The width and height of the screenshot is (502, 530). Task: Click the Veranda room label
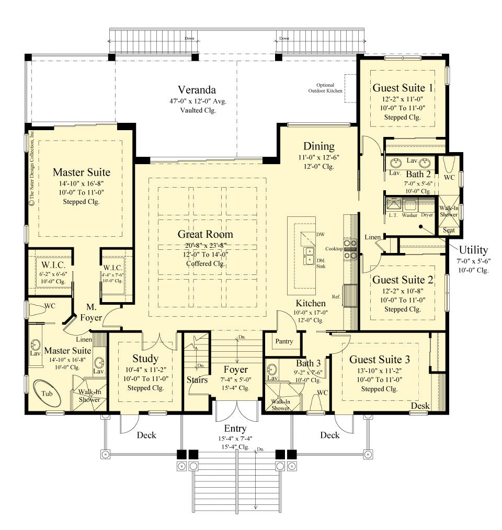pyautogui.click(x=197, y=89)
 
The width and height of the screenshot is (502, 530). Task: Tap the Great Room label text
pyautogui.click(x=205, y=234)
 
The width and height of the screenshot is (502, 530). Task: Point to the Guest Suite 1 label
pyautogui.click(x=403, y=88)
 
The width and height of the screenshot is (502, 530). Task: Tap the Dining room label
pyautogui.click(x=318, y=146)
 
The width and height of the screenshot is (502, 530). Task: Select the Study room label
pyautogui.click(x=145, y=359)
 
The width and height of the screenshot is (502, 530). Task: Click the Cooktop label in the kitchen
pyautogui.click(x=333, y=249)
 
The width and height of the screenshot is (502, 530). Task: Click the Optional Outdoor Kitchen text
pyautogui.click(x=329, y=88)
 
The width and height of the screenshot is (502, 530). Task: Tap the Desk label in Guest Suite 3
pyautogui.click(x=420, y=406)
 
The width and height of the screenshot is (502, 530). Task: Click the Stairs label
pyautogui.click(x=197, y=380)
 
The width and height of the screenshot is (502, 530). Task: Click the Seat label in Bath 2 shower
pyautogui.click(x=449, y=230)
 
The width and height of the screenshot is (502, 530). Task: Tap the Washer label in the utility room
pyautogui.click(x=409, y=215)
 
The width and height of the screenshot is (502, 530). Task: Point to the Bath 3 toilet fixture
pyautogui.click(x=315, y=402)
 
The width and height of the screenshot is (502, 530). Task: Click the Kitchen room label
pyautogui.click(x=311, y=303)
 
